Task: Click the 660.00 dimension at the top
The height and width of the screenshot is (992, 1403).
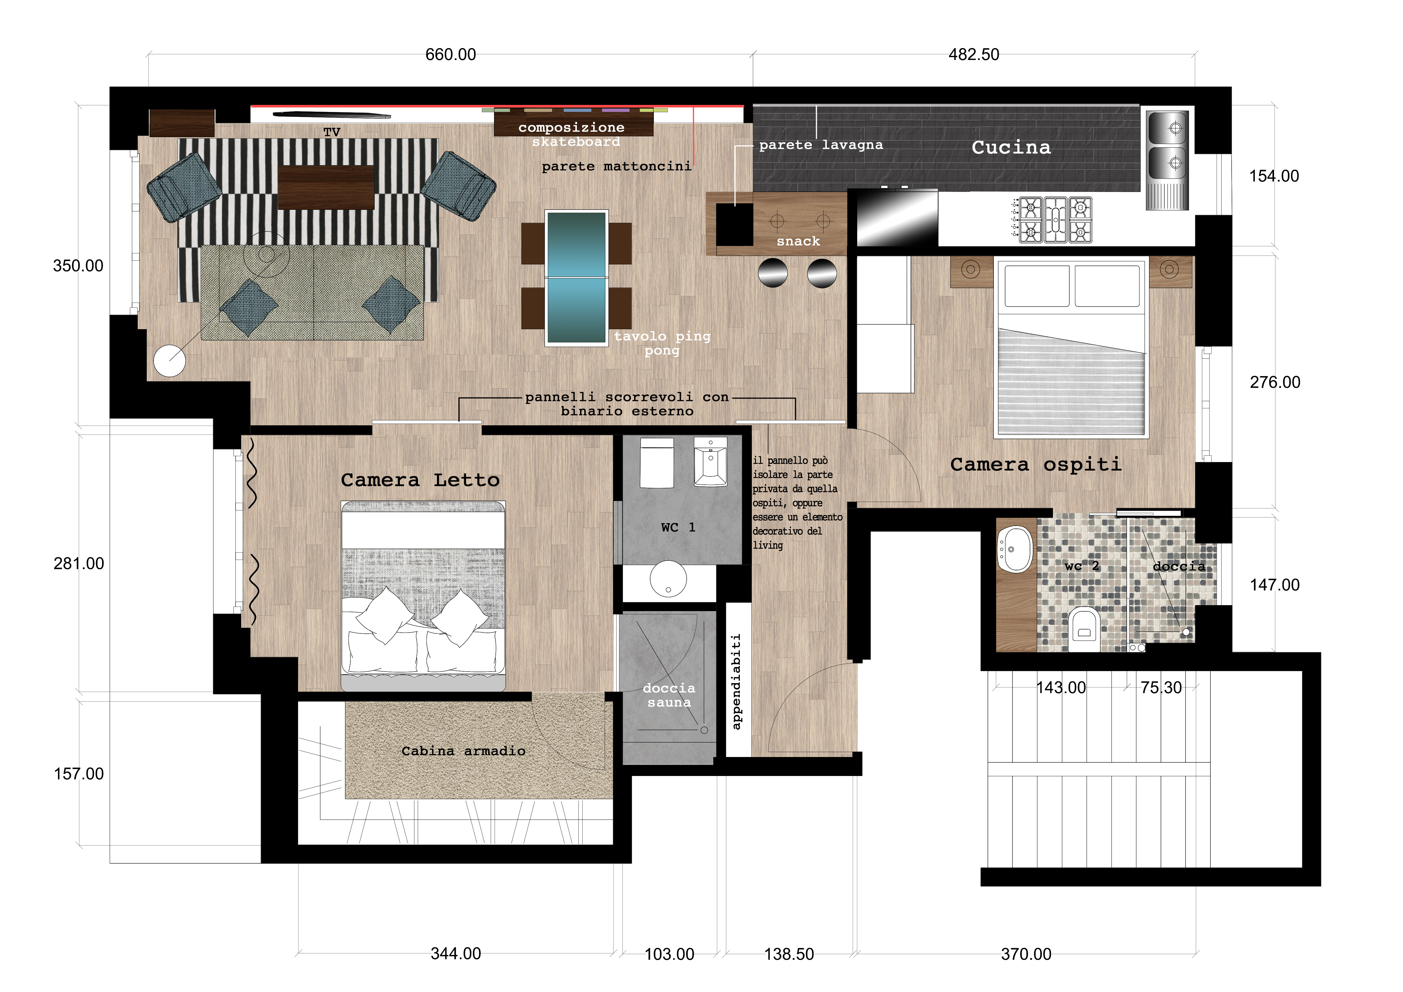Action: tap(450, 54)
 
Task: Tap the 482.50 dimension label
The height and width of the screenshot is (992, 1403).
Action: tap(974, 54)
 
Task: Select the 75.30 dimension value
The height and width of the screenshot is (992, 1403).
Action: tap(1161, 688)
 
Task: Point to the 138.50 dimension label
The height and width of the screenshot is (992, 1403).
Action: tap(789, 954)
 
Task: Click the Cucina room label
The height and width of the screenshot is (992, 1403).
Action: tap(1011, 147)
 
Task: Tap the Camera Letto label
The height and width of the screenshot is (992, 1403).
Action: tap(421, 480)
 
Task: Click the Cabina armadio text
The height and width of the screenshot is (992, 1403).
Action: tap(463, 751)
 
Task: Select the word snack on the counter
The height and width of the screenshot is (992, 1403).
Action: tap(798, 241)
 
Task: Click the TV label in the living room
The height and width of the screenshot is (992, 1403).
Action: tap(332, 132)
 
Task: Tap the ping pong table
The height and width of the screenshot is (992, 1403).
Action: tap(576, 278)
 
